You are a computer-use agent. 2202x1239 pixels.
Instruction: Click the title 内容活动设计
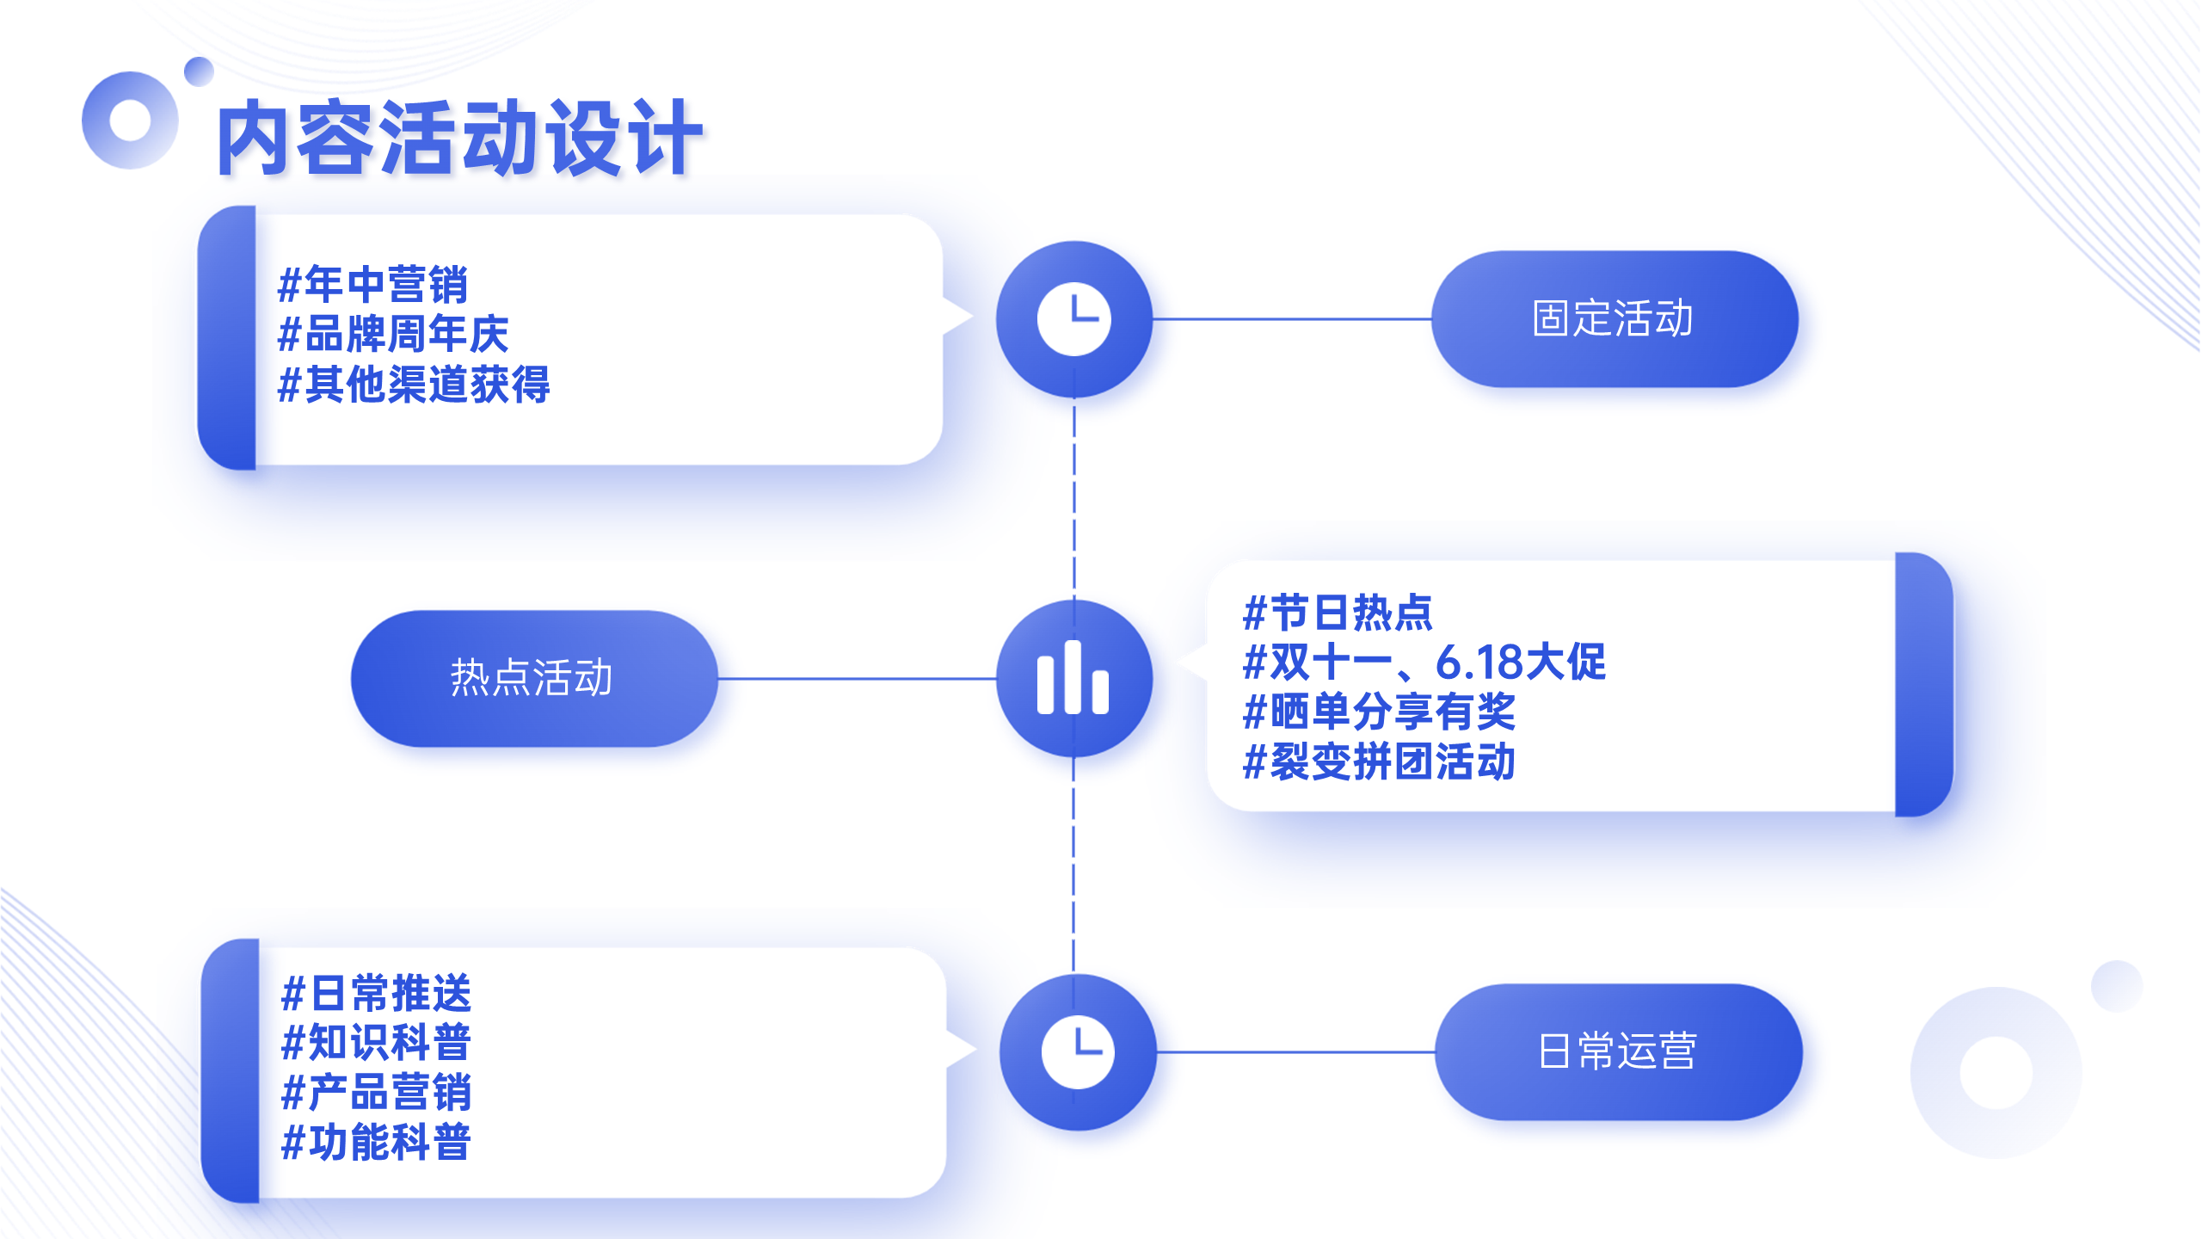460,138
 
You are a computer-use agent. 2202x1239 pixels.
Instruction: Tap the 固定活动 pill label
1614,319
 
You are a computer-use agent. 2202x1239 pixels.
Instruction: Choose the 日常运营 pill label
1618,1051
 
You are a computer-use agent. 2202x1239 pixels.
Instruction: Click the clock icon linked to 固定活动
1074,319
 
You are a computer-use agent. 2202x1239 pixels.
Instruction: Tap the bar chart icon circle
1074,678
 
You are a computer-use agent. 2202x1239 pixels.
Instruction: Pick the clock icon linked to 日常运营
1078,1051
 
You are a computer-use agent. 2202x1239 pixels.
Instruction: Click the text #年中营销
373,285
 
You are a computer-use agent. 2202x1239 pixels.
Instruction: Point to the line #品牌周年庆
393,334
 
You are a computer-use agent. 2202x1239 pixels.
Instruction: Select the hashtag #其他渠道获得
414,384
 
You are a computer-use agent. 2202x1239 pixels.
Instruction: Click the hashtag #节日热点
1338,613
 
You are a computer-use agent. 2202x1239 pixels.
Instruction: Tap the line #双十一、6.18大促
1424,663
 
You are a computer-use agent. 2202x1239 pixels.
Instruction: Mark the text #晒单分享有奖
1379,712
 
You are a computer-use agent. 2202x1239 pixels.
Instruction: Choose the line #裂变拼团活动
1379,762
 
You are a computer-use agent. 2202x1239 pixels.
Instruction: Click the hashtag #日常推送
377,994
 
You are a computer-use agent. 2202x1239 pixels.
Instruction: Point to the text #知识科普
377,1043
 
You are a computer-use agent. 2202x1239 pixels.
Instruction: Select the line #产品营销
377,1093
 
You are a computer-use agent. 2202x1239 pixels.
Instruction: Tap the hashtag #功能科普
377,1143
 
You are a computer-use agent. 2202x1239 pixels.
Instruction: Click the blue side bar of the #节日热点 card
1924,684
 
